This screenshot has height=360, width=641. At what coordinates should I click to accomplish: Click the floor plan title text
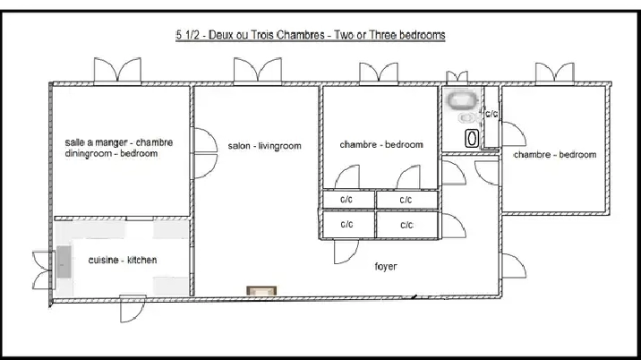311,35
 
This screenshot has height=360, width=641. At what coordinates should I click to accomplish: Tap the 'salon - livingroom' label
264,146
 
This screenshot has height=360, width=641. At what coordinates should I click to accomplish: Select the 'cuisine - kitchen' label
123,260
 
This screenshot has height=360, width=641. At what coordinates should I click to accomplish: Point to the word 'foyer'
386,267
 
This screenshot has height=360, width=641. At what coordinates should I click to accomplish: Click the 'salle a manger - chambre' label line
118,142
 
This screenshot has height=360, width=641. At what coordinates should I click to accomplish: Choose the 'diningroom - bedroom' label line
111,153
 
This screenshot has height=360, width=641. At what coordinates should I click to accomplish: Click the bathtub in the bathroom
462,100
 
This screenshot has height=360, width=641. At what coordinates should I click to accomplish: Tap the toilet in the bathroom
466,118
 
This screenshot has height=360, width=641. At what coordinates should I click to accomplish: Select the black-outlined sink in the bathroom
472,138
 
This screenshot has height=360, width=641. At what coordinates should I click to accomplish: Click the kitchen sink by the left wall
64,261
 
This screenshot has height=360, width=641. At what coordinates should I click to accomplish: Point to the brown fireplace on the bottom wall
261,291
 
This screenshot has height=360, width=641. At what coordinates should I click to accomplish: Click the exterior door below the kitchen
132,308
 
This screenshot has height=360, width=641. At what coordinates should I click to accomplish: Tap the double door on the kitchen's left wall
43,270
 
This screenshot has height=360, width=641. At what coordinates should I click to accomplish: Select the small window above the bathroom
457,77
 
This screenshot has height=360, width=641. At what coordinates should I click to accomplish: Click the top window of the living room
258,71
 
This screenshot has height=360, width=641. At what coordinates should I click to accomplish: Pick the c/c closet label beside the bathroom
491,114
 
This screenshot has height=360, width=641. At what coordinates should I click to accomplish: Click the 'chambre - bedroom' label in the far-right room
555,155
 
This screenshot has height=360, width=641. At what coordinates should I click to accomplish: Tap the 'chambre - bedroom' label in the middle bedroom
381,145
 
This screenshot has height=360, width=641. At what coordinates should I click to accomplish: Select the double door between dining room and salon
204,153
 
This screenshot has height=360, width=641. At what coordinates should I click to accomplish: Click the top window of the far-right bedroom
555,73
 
